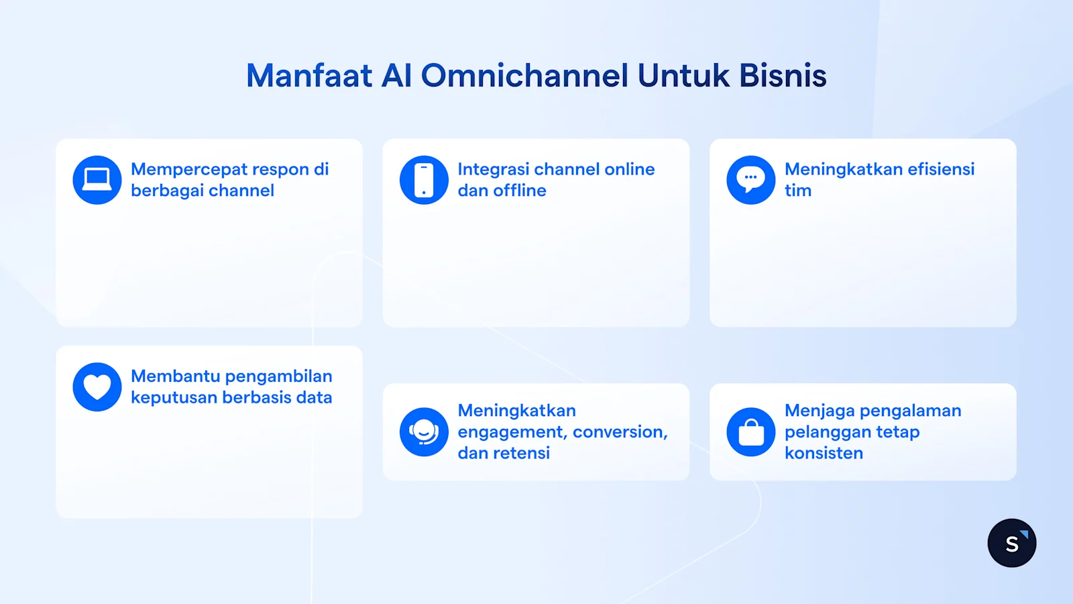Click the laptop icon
click(x=97, y=180)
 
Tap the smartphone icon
click(x=424, y=180)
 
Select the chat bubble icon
click(x=751, y=180)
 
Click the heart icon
click(x=97, y=387)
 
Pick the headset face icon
click(x=424, y=432)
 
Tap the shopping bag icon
click(x=751, y=432)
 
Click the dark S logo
click(x=1011, y=543)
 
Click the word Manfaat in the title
click(x=309, y=75)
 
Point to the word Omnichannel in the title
click(x=524, y=75)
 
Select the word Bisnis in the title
click(x=783, y=75)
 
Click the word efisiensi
click(x=941, y=169)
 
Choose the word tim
click(x=798, y=191)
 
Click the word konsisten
click(x=824, y=453)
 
